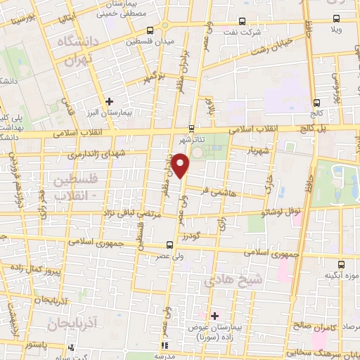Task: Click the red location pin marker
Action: (181, 166)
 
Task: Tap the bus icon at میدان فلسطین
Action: (150, 30)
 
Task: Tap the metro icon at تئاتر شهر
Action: (192, 128)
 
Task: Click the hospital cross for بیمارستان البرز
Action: (109, 101)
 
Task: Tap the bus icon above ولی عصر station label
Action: (169, 245)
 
